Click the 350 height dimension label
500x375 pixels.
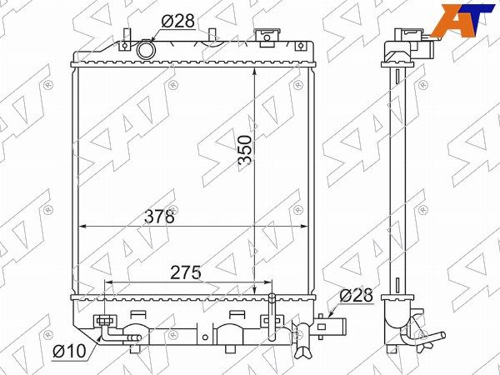pos(246,150)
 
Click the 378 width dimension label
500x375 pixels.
pos(159,217)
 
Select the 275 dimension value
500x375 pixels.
pos(186,272)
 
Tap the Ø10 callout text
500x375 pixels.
pos(69,351)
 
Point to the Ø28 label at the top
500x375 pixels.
pos(178,22)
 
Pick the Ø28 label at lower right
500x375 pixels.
pos(356,296)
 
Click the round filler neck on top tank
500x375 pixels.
pos(146,50)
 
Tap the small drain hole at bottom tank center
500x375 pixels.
pos(205,337)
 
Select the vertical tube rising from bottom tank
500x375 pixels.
pos(272,317)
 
